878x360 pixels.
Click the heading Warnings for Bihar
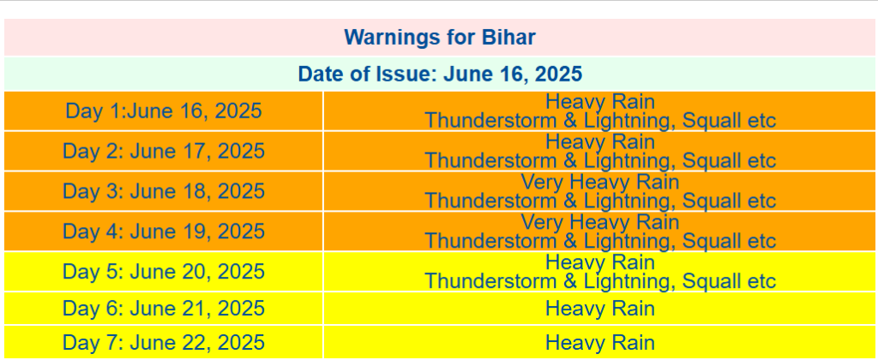click(x=440, y=38)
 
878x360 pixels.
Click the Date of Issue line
click(x=440, y=74)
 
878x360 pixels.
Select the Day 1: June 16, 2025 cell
click(x=164, y=111)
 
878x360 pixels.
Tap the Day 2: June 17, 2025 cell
click(x=164, y=151)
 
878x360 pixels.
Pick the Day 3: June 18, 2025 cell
click(x=164, y=191)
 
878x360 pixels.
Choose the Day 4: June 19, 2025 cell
click(x=164, y=231)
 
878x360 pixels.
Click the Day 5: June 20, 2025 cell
click(x=164, y=272)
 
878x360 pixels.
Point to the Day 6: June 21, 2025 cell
click(x=164, y=309)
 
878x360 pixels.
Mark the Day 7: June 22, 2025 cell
click(x=164, y=343)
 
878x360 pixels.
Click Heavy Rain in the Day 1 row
click(x=599, y=101)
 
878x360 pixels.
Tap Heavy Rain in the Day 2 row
click(x=599, y=141)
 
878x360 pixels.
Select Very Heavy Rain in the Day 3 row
click(x=599, y=182)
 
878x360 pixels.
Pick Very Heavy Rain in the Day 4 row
click(x=599, y=222)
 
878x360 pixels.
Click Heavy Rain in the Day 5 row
click(x=599, y=262)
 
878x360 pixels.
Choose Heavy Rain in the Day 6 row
click(x=599, y=309)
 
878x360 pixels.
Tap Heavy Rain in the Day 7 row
click(x=599, y=343)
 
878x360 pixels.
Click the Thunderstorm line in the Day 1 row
click(x=600, y=120)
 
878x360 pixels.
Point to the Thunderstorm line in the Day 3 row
click(x=600, y=201)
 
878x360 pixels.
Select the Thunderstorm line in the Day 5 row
click(x=600, y=281)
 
